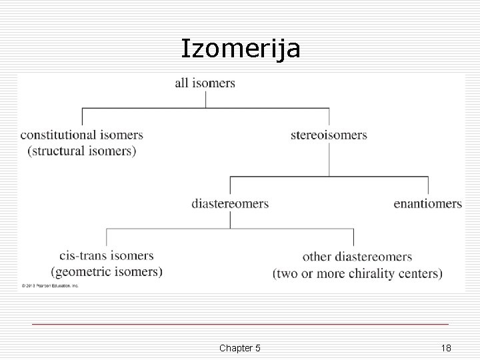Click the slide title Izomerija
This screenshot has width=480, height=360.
pos(241,48)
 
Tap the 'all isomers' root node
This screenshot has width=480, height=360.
pos(205,83)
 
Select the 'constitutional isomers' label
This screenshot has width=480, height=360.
pos(81,135)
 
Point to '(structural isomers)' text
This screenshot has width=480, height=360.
pos(81,151)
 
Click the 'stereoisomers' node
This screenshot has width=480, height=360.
pos(329,135)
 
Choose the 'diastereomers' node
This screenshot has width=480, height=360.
pos(230,203)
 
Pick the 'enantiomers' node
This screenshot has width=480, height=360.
pos(427,203)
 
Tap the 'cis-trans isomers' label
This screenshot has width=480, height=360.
pos(106,255)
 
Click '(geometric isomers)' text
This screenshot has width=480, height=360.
pos(106,271)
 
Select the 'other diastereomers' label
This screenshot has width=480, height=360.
pos(357,257)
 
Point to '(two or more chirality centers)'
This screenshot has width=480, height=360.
pos(357,273)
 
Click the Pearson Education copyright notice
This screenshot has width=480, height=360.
pos(49,285)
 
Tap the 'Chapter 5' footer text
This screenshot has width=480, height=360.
pos(239,348)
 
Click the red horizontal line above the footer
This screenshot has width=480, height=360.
pos(240,324)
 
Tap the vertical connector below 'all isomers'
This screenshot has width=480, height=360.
pos(205,99)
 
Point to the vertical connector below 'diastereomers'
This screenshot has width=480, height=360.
pos(230,219)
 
